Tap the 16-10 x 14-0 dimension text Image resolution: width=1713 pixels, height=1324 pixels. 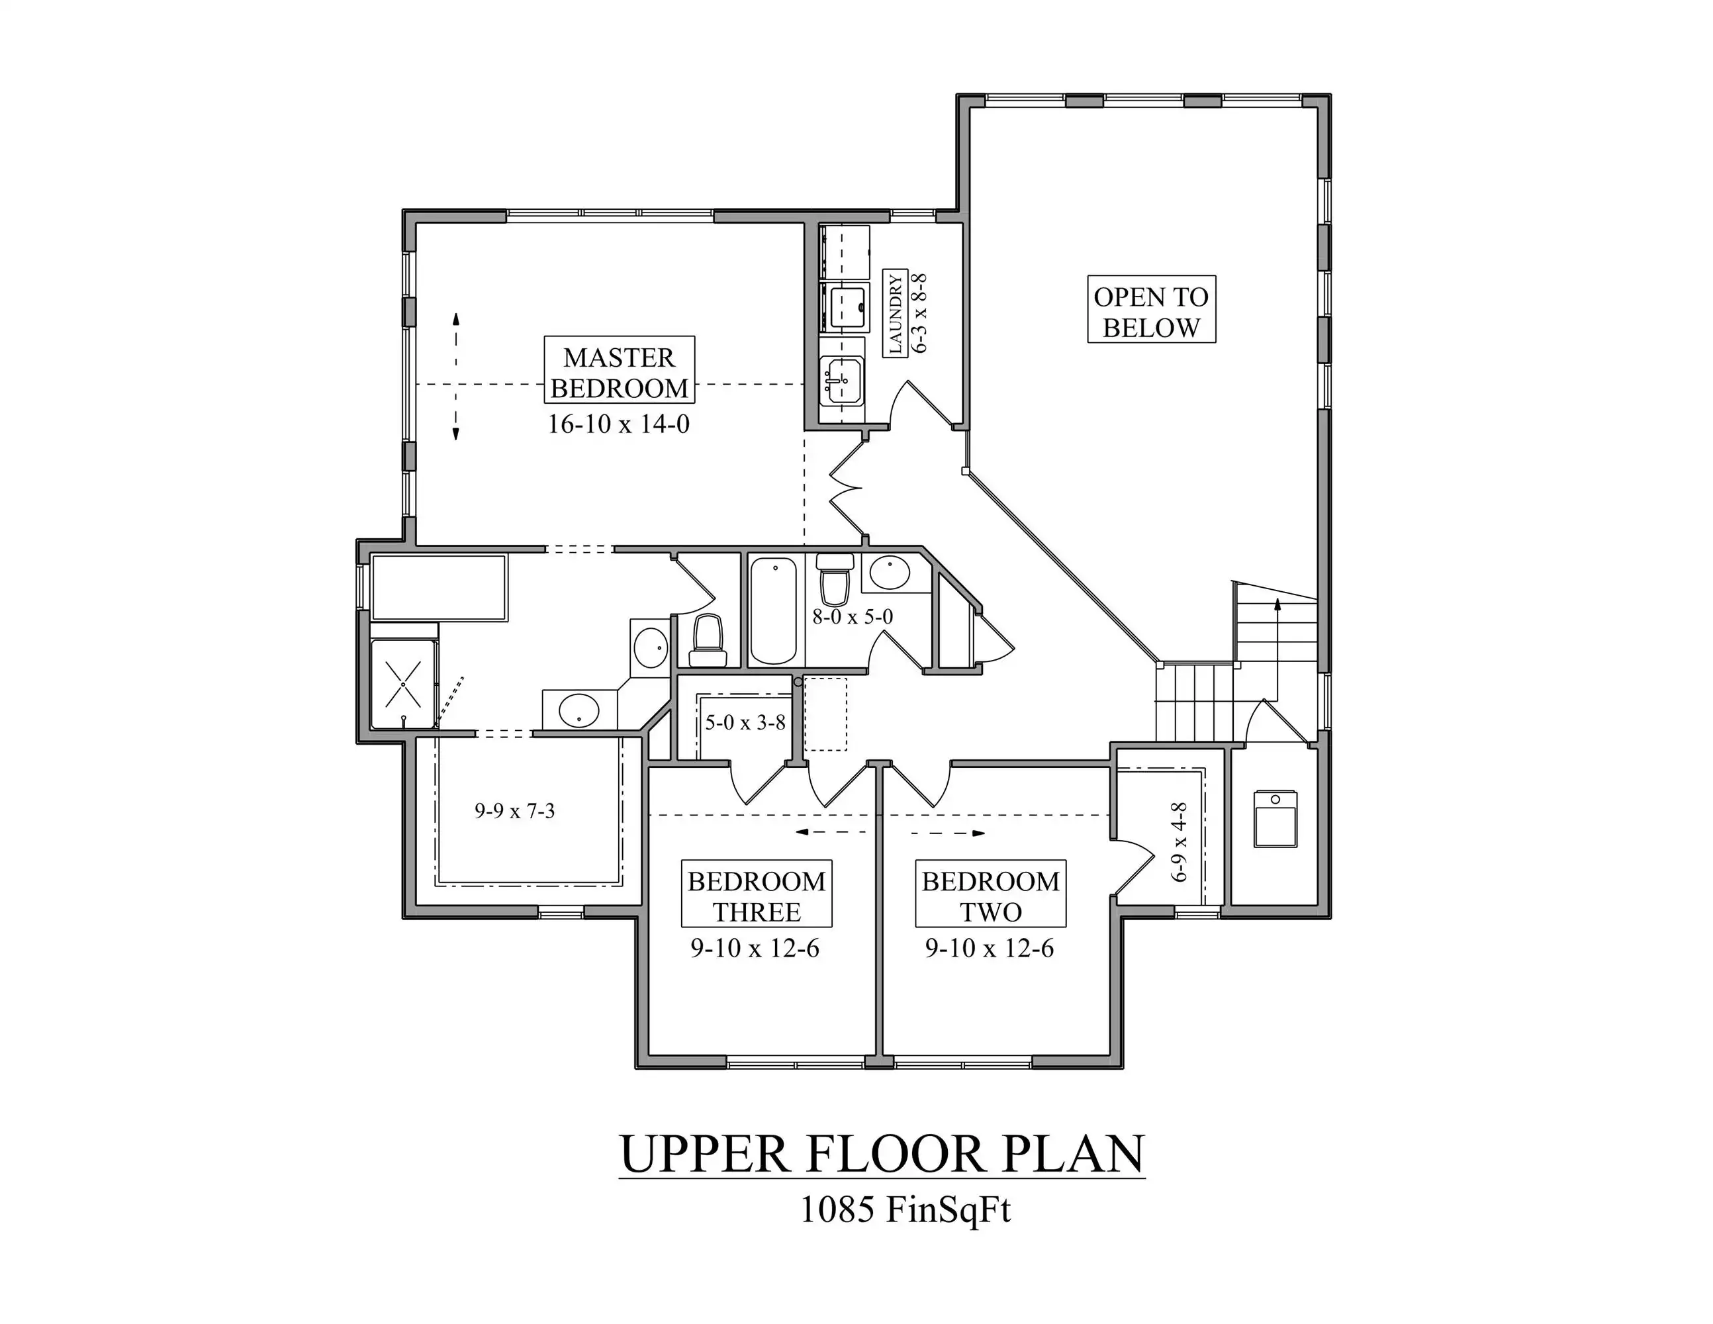click(x=618, y=424)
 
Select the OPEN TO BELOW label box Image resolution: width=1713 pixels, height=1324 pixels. click(x=1152, y=309)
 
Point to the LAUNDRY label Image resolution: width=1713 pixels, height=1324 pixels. click(x=896, y=314)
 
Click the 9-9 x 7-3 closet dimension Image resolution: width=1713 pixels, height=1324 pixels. click(x=514, y=811)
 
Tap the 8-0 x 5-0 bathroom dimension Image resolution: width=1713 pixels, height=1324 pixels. click(x=853, y=616)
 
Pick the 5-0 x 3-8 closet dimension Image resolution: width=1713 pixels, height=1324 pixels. click(x=745, y=722)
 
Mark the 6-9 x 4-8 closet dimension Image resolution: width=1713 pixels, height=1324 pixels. click(x=1180, y=841)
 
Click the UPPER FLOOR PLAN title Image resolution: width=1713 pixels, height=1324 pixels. click(x=882, y=1154)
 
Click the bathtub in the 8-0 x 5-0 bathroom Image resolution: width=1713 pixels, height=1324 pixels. click(x=773, y=611)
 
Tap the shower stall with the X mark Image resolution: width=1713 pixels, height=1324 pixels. click(x=403, y=684)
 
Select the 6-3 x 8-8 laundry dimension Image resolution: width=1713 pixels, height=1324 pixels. click(x=920, y=314)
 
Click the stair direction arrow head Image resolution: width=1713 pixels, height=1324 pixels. click(x=1277, y=604)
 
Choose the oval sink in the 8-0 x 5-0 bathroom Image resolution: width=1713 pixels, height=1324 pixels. click(x=890, y=573)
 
